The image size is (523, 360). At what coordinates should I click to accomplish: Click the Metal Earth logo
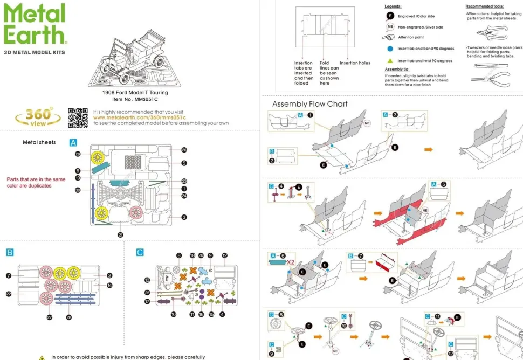point(35,24)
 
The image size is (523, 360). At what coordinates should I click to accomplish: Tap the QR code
point(78,117)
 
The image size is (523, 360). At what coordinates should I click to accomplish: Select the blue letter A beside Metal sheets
point(73,143)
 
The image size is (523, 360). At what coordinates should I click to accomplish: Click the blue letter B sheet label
point(10,252)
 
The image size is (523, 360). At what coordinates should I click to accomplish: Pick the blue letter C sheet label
point(140,252)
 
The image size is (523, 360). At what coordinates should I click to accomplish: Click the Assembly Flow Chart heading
point(309,104)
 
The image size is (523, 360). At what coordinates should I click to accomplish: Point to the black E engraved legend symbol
point(389,17)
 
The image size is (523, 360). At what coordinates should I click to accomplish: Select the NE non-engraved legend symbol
point(389,27)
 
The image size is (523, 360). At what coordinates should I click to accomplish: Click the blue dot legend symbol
point(389,49)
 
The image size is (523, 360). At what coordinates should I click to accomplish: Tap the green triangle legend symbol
point(389,61)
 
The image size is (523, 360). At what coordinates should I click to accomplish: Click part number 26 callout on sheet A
point(184,150)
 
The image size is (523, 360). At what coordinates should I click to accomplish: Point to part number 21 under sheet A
point(120,234)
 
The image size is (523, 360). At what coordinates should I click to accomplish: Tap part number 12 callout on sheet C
point(224,255)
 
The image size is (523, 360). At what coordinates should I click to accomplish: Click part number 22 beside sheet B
point(9,294)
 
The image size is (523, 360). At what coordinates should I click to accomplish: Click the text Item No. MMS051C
point(135,99)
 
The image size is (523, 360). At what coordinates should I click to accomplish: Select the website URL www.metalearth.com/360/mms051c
point(139,117)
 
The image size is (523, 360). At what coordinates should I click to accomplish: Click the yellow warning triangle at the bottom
point(42,357)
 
